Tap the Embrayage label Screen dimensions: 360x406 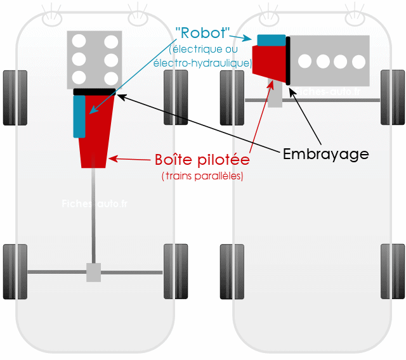(x=325, y=153)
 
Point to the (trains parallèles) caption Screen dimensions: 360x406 (x=202, y=176)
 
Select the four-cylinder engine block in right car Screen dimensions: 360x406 (x=330, y=61)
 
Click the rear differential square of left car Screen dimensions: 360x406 (x=93, y=273)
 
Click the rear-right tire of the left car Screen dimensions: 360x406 (x=176, y=271)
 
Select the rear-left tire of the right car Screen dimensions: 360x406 (x=232, y=271)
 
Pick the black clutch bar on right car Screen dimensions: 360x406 (x=288, y=61)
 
